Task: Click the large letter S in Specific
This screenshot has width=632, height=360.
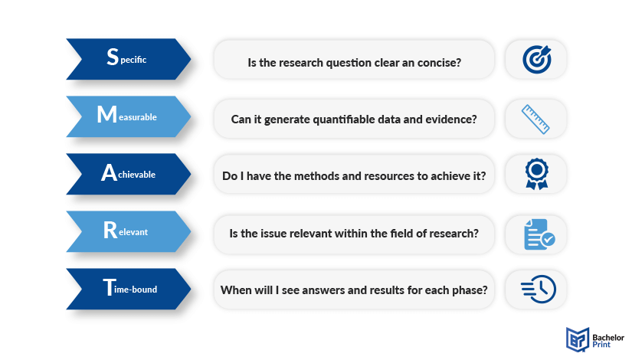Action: coord(113,57)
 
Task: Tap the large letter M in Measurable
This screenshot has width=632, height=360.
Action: coord(106,114)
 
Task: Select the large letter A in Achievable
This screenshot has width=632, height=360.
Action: coord(109,172)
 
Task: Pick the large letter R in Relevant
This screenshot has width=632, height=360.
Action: coord(110,230)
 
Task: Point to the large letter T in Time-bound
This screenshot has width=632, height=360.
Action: coord(110,287)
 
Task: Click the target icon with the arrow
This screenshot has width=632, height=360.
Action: coord(537,59)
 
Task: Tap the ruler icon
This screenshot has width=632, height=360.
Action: coord(535,119)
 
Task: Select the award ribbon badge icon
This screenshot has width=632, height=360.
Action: coord(536,174)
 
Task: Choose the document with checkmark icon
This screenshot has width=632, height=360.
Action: coord(539,234)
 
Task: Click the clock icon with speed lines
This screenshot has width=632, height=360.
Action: coord(539,289)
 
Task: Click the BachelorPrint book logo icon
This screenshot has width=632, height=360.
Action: coord(578,339)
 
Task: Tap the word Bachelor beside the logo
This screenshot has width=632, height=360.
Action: coord(608,338)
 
